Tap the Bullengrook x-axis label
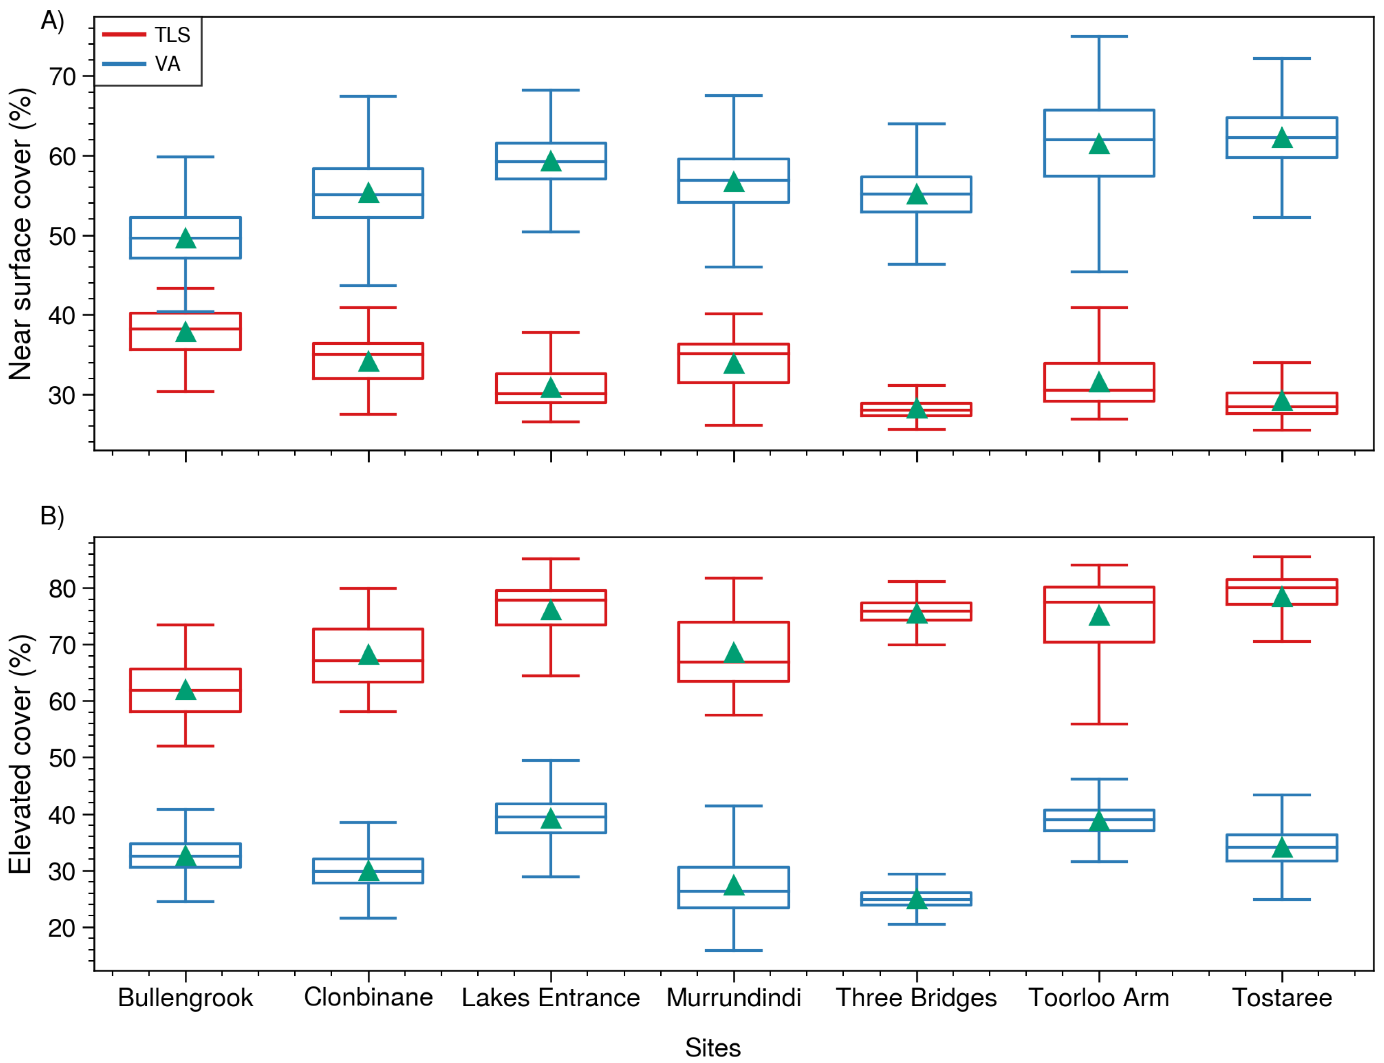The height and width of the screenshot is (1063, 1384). (x=185, y=998)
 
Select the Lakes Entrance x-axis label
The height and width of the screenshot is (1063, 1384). (x=550, y=998)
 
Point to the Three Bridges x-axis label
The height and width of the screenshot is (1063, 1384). (x=916, y=998)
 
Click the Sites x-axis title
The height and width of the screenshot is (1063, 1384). (x=713, y=1048)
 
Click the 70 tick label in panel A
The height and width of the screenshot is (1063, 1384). (x=63, y=77)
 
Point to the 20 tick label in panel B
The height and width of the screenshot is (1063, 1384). (x=63, y=928)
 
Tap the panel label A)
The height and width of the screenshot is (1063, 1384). (x=53, y=21)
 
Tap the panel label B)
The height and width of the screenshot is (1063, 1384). (x=53, y=516)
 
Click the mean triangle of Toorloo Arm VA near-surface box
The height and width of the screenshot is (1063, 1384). (x=1099, y=144)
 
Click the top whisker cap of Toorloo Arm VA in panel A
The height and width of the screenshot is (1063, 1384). (x=1099, y=37)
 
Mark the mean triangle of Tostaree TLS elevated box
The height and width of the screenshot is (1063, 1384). (x=1282, y=597)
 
